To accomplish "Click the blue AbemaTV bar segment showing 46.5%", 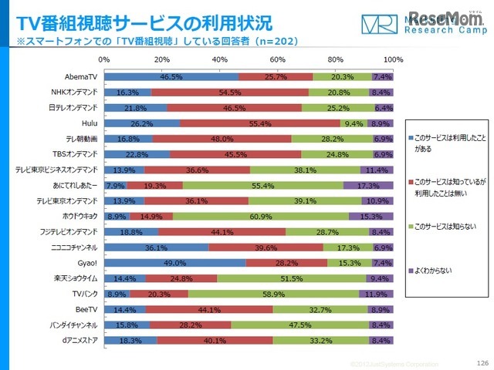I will click(171, 77).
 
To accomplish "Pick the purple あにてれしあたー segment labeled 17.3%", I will click(367, 186).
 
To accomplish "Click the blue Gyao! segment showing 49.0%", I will click(174, 263).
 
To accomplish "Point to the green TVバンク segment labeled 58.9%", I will click(274, 294).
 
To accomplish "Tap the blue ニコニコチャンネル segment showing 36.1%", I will click(156, 248).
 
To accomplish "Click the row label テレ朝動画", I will click(83, 138).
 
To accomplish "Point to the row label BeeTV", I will click(86, 309).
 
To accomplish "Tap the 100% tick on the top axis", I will click(393, 59).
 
